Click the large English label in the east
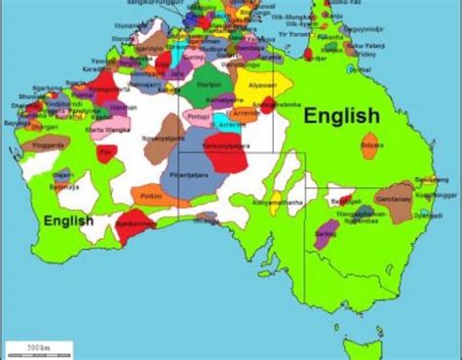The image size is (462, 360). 341,116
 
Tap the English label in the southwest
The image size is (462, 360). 68,220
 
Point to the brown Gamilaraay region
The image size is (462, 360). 398,198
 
